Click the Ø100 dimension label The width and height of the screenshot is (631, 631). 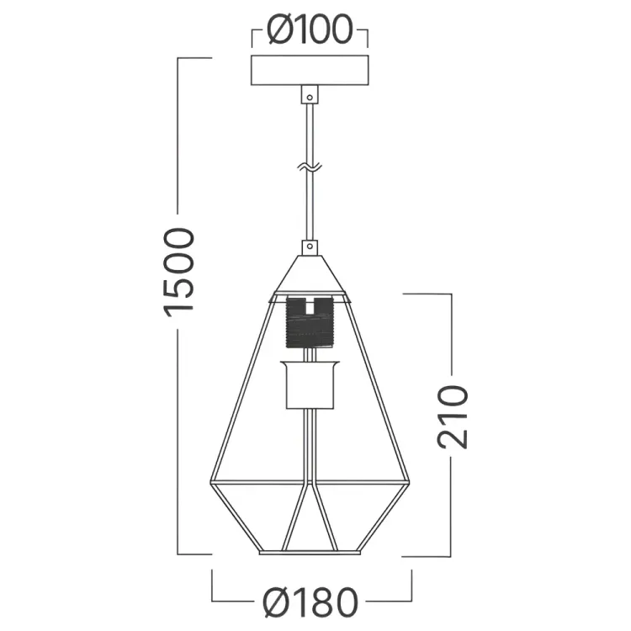pos(310,29)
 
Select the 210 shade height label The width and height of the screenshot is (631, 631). pos(453,416)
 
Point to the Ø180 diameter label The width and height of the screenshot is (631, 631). pos(310,602)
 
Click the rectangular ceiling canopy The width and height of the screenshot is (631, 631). pos(310,70)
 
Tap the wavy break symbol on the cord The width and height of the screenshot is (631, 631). pos(310,167)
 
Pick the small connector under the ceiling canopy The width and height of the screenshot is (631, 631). pos(310,94)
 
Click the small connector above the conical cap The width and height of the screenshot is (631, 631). pos(310,247)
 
